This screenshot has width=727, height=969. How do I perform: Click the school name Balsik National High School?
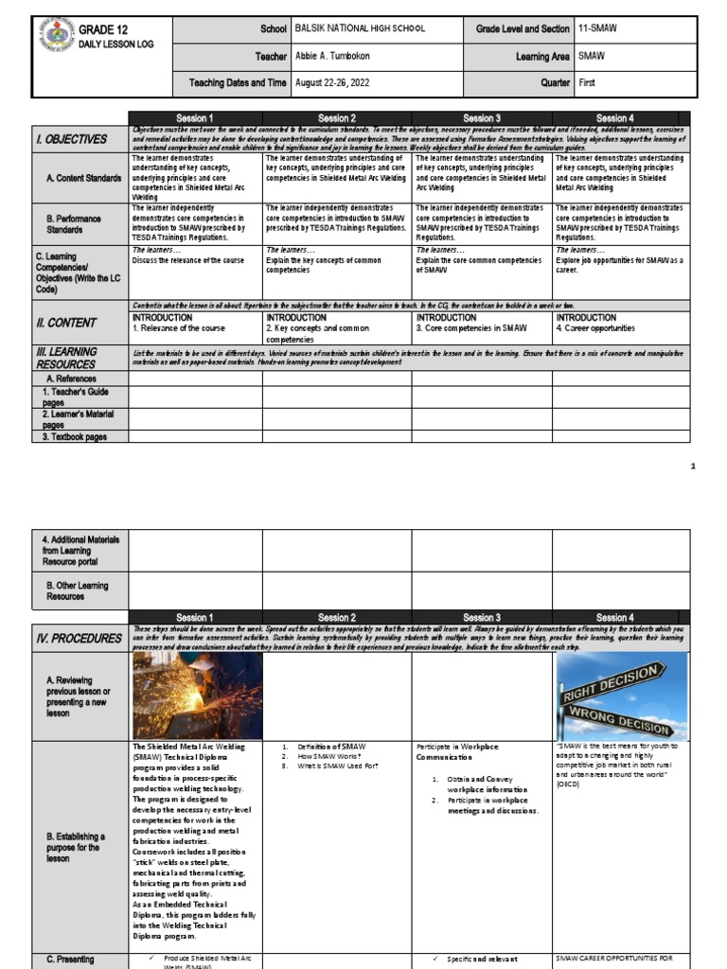pos(359,28)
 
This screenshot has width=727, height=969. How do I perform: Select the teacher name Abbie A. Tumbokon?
pos(338,57)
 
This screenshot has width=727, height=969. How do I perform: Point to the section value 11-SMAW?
pos(596,28)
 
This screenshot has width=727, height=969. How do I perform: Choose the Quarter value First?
pos(588,83)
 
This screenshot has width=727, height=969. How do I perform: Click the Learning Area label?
pos(542,57)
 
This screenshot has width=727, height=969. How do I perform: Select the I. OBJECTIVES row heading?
pos(72,139)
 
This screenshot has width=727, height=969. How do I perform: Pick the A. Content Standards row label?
pos(83,178)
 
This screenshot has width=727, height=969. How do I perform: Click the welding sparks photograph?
pos(197,696)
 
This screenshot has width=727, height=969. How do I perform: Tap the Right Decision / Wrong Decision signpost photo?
pos(623,696)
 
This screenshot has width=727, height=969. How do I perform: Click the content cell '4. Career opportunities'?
pos(596,328)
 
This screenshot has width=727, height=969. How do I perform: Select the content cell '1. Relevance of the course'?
pos(180,328)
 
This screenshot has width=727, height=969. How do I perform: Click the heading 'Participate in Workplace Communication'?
pos(457,751)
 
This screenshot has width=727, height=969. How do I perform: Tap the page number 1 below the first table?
pos(693,467)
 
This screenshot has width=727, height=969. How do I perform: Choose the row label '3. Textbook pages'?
pos(75,437)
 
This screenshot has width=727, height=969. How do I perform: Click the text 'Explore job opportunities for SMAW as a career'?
pos(619,264)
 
